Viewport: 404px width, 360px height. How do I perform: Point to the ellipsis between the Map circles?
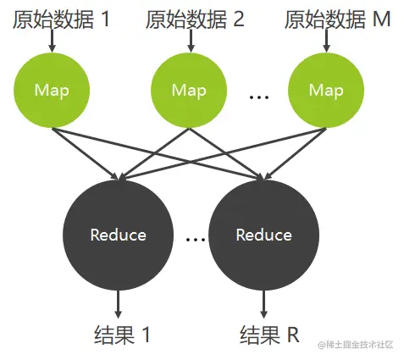click(x=257, y=97)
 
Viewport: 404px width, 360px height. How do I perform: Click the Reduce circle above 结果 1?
click(x=119, y=234)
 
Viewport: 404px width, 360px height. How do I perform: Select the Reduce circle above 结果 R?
click(x=263, y=234)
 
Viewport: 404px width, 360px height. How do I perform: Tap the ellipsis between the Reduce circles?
click(x=196, y=241)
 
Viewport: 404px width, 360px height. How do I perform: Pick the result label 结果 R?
click(x=270, y=334)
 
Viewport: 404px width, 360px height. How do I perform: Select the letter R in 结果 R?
click(x=293, y=334)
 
